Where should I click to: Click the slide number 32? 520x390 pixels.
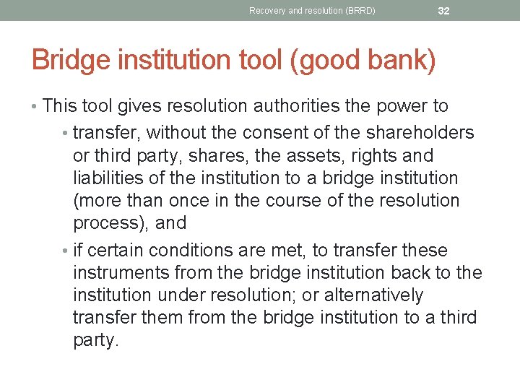pos(443,10)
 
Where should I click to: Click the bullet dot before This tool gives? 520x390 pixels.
pos(35,107)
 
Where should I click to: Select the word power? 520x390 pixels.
pos(401,106)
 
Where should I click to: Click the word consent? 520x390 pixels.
pos(277,133)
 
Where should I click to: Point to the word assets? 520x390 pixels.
pos(293,155)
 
